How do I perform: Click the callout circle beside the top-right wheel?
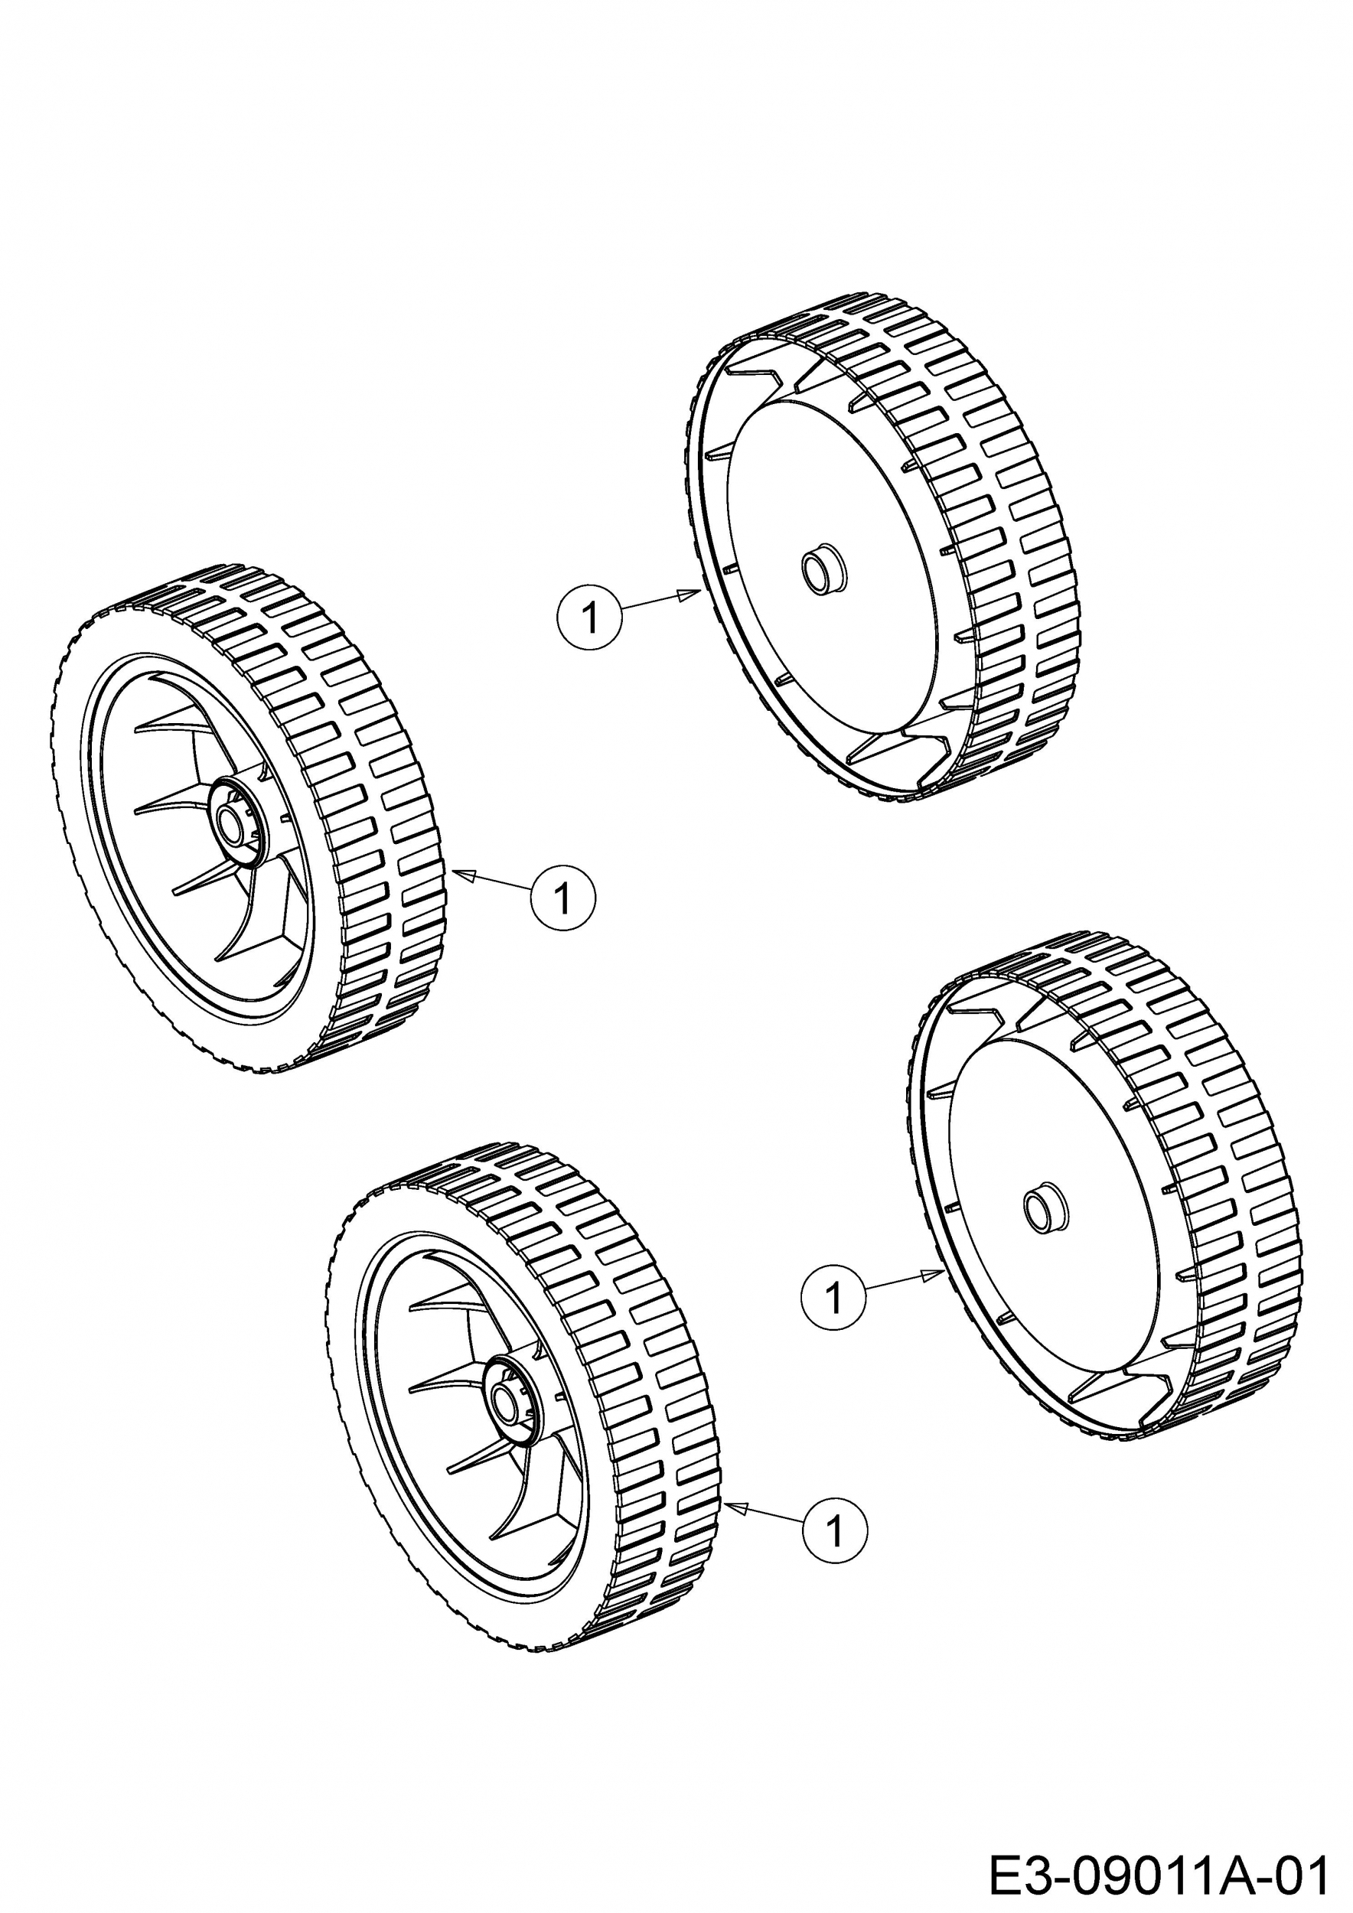click(589, 618)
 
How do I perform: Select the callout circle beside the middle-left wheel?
click(564, 898)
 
